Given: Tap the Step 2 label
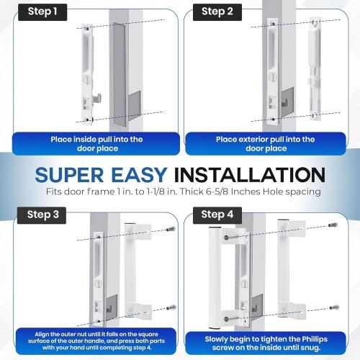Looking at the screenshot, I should tap(217, 12).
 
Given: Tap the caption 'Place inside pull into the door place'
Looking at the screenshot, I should tap(96, 143).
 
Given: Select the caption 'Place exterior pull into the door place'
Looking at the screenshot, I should tap(266, 143).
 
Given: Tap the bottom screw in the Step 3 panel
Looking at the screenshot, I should tap(166, 310).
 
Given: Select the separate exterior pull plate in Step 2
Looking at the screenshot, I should tap(314, 68).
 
